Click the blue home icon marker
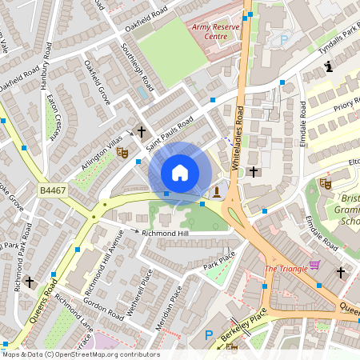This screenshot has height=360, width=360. click(180, 172)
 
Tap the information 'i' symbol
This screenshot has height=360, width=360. click(330, 68)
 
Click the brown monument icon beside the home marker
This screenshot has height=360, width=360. click(216, 192)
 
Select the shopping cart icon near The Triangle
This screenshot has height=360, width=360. click(314, 265)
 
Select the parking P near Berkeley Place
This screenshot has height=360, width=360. click(210, 336)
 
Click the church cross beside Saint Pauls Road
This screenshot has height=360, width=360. click(142, 131)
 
